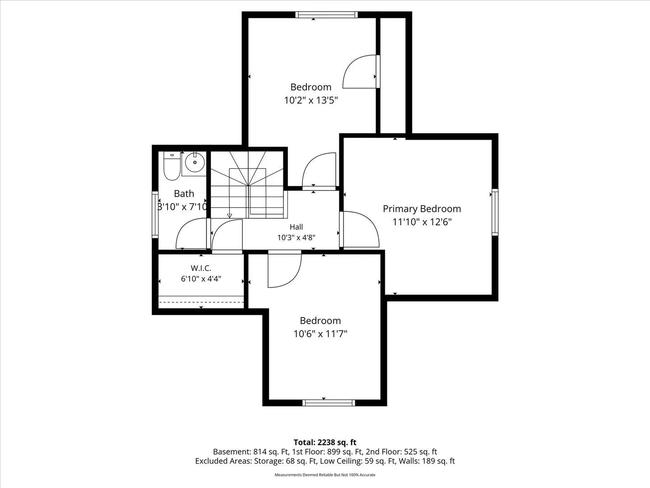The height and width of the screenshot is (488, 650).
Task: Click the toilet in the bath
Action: click(x=172, y=166)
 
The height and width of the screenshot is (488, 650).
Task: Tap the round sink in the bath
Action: click(x=195, y=162)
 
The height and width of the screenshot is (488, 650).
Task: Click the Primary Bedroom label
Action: click(x=422, y=209)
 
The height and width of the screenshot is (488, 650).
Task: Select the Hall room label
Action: click(x=296, y=227)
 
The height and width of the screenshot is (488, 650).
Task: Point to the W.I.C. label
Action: click(x=201, y=268)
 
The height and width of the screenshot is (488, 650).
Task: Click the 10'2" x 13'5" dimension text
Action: click(x=311, y=100)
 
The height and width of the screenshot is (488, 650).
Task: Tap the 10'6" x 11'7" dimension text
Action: click(x=320, y=334)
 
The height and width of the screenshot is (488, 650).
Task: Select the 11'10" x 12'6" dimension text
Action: click(x=422, y=222)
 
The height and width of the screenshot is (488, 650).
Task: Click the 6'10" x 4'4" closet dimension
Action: click(x=201, y=279)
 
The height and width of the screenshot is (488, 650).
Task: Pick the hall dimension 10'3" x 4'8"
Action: click(x=296, y=238)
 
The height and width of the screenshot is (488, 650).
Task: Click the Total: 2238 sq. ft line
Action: click(x=325, y=442)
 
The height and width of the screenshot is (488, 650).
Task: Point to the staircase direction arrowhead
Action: click(x=229, y=216)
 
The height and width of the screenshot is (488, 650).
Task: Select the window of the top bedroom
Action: click(x=326, y=14)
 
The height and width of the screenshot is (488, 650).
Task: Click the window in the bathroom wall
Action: click(x=155, y=215)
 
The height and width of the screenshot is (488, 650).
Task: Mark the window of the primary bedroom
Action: click(x=495, y=212)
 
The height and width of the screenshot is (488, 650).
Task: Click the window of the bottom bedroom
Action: click(x=329, y=403)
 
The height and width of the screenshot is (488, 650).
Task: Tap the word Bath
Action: click(x=184, y=194)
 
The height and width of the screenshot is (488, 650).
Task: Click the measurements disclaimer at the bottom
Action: click(x=325, y=474)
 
